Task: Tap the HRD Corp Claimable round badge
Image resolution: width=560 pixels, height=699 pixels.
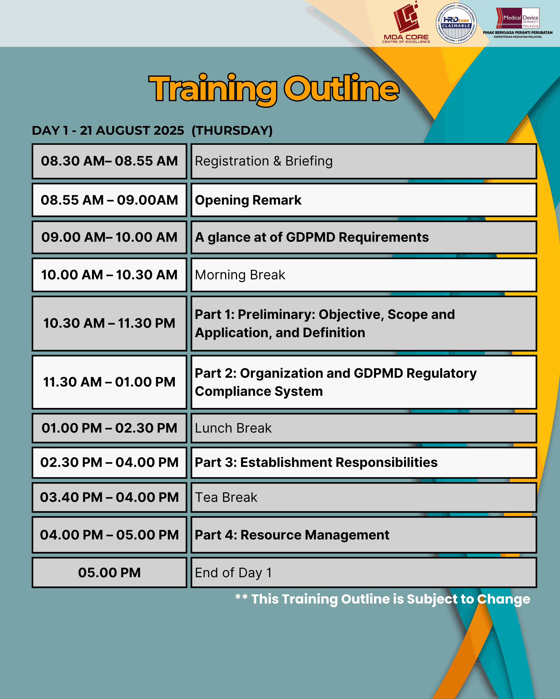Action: [x=456, y=23]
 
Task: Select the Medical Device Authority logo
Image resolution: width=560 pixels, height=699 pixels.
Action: [x=518, y=23]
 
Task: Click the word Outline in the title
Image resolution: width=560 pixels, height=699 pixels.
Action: [x=341, y=88]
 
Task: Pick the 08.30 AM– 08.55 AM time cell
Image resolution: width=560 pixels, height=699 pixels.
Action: [x=109, y=161]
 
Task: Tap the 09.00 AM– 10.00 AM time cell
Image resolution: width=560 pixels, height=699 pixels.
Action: [x=109, y=237]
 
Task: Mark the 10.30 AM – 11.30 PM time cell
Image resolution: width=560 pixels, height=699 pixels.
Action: [x=109, y=323]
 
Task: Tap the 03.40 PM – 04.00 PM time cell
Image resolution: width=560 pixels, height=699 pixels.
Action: [x=109, y=497]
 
